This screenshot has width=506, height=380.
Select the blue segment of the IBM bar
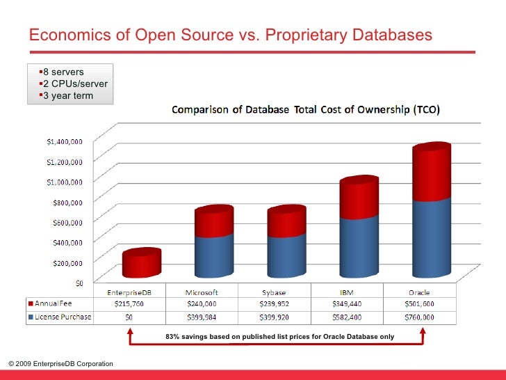[x=359, y=247]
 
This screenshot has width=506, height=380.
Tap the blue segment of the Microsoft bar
[x=213, y=258]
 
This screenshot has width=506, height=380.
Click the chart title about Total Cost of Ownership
[x=309, y=110]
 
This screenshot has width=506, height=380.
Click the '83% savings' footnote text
[x=279, y=337]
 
